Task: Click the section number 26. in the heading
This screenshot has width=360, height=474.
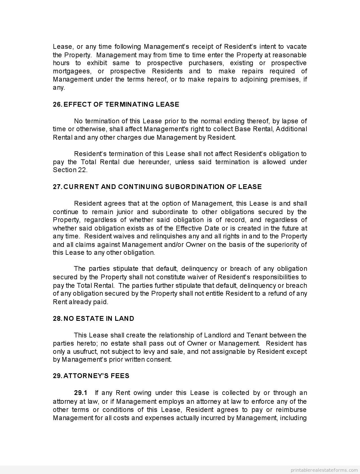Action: click(57, 104)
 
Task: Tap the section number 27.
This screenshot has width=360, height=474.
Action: click(57, 187)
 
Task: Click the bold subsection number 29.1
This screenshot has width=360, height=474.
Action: click(81, 393)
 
